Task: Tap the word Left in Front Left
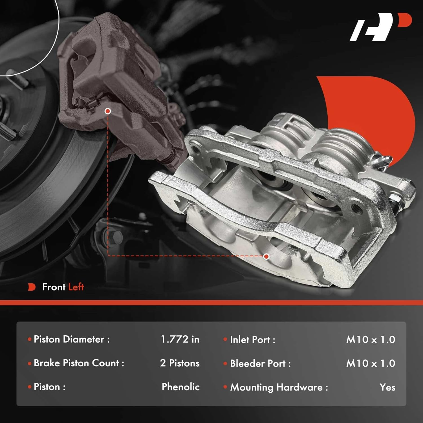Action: [x=76, y=287]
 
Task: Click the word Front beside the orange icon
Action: [x=54, y=287]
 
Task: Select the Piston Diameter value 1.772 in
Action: [x=180, y=339]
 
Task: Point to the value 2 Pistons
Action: [x=180, y=363]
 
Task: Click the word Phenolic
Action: [x=181, y=387]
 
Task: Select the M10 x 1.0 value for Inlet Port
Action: [x=371, y=340]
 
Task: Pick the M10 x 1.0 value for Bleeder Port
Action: [x=371, y=363]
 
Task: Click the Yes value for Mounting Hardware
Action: [x=387, y=387]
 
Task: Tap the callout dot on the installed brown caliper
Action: [x=107, y=111]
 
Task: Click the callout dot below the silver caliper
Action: [x=266, y=256]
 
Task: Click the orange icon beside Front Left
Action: [x=32, y=287]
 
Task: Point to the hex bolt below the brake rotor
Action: [x=116, y=237]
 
